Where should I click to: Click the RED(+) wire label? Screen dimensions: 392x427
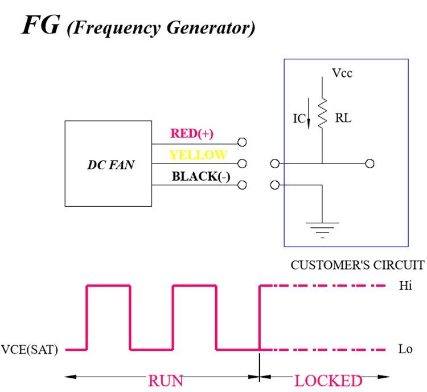pos(191,134)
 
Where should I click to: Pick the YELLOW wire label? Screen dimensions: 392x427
pos(198,155)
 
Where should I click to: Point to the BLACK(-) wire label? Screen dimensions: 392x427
pos(200,176)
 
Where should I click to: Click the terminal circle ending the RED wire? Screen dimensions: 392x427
pos(242,142)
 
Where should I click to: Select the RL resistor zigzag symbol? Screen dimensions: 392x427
pos(322,112)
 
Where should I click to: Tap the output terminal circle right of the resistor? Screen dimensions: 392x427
pos(369,164)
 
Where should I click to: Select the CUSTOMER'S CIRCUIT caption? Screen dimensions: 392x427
pos(358,265)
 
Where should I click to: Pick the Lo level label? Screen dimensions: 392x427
pos(405,349)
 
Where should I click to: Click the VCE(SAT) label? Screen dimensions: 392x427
pos(31,350)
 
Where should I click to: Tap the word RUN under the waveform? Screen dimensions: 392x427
pos(165,381)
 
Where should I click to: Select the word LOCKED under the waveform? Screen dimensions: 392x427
pos(328,381)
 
